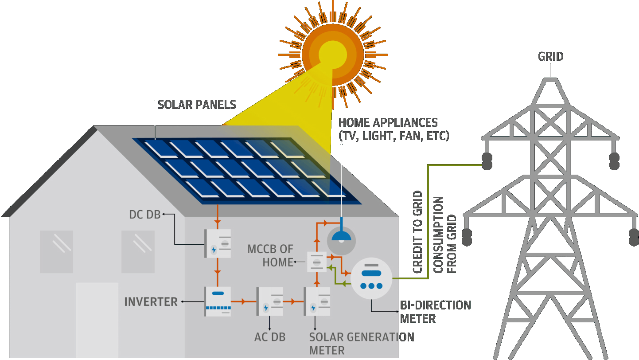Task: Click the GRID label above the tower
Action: click(550, 57)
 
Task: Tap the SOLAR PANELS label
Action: click(197, 105)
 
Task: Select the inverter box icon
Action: click(218, 301)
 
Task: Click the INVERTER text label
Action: click(151, 302)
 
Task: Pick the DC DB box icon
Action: click(218, 243)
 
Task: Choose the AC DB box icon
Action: click(269, 301)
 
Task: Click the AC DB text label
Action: click(269, 337)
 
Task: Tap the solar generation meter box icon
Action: click(317, 301)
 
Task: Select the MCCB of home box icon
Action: click(317, 262)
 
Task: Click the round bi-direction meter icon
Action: click(371, 278)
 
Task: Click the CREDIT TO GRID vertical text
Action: click(417, 232)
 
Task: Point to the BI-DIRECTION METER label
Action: click(435, 312)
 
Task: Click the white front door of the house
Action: click(97, 319)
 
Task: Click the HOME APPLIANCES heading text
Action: click(388, 122)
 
